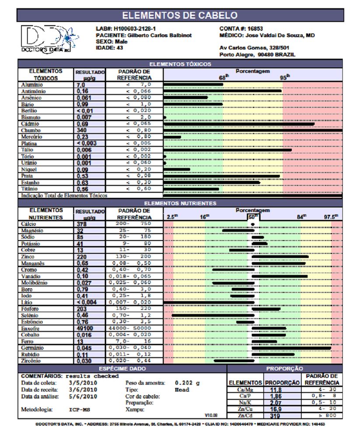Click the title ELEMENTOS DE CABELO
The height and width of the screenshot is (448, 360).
coord(180,15)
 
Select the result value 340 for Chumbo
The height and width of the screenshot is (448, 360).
coord(82,130)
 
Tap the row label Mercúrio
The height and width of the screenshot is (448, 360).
coord(32,137)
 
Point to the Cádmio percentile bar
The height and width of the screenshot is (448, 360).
coord(239,124)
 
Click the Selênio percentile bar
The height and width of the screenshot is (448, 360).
coord(213,315)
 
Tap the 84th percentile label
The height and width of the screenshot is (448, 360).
coord(301,217)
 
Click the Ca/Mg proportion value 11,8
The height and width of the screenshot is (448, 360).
coord(276,390)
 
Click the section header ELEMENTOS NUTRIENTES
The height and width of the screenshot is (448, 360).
coord(180,203)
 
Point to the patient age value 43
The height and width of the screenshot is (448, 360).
coord(119,48)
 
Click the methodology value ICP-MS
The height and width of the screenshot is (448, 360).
coord(79,410)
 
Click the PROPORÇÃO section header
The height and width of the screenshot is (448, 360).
coord(284,369)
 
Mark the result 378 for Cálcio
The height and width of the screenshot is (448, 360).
coord(82,224)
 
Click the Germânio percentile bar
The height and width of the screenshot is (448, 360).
coord(291,348)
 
